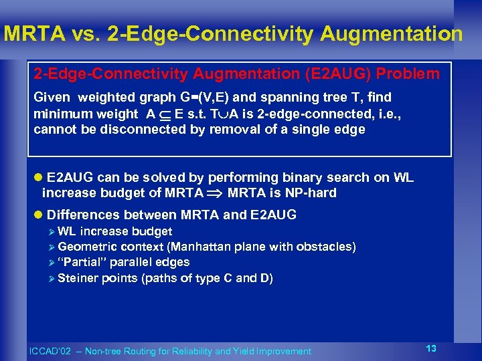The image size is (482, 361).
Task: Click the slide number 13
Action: pyautogui.click(x=431, y=348)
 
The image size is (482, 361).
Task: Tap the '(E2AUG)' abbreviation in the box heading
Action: pyautogui.click(x=331, y=74)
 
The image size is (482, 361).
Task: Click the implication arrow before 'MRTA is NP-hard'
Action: pyautogui.click(x=216, y=194)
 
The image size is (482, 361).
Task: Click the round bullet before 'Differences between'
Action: pyautogui.click(x=38, y=215)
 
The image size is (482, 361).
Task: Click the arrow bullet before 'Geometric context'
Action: pyautogui.click(x=52, y=247)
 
